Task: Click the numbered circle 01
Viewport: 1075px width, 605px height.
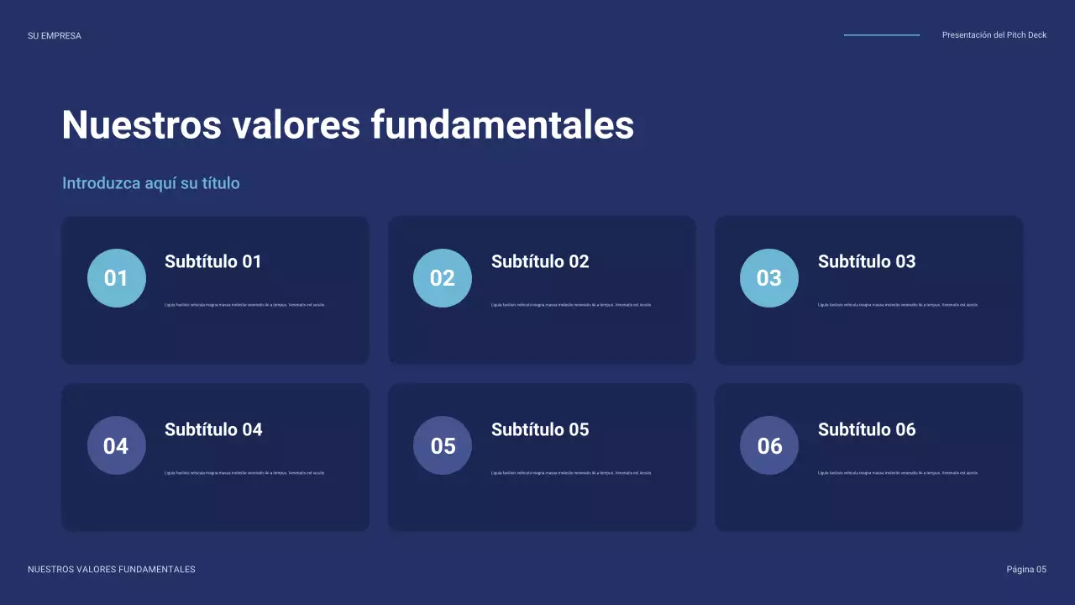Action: (x=116, y=278)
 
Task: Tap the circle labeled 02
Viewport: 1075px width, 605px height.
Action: (x=443, y=278)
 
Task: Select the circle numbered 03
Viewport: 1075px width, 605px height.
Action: (x=769, y=278)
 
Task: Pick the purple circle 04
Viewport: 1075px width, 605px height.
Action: (x=116, y=445)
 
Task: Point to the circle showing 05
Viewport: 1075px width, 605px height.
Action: (x=443, y=445)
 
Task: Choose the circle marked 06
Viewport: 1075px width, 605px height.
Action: (x=769, y=445)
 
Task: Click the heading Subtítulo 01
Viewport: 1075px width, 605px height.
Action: (x=213, y=261)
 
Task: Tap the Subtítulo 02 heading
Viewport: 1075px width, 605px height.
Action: (x=540, y=261)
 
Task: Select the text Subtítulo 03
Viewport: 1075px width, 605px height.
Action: (x=867, y=261)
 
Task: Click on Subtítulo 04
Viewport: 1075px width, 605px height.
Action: (x=213, y=429)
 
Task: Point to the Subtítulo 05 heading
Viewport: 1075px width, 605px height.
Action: (x=540, y=429)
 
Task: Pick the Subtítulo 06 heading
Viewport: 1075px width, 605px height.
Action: (x=867, y=429)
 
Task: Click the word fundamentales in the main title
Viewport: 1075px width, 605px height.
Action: (x=502, y=125)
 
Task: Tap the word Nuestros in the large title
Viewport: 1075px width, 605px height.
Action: (x=140, y=125)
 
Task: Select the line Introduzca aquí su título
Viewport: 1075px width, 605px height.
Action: (x=151, y=183)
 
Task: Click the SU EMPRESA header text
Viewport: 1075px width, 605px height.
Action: (x=55, y=36)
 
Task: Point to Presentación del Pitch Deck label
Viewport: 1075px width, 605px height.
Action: (x=994, y=35)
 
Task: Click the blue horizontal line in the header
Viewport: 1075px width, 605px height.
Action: (x=882, y=35)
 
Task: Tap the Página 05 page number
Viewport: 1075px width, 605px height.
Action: (x=1026, y=570)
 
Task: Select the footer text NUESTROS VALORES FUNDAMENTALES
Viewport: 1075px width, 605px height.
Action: (x=112, y=570)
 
